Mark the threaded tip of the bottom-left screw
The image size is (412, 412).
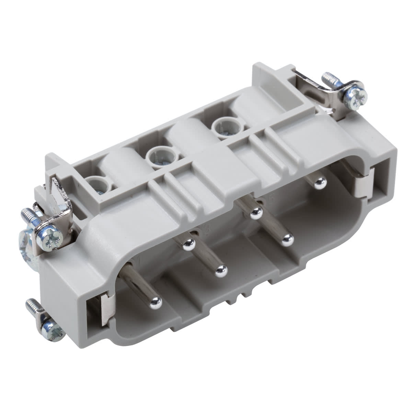[x=30, y=304]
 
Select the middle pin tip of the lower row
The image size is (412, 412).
[x=220, y=271]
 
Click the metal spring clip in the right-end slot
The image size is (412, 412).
[x=363, y=184]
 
